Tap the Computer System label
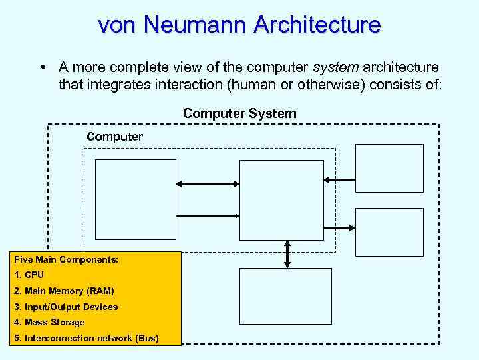(239, 113)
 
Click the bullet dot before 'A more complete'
(42, 67)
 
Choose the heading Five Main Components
(66, 259)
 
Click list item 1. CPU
(29, 275)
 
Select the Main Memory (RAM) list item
(64, 291)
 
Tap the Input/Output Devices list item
(66, 307)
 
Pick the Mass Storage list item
(49, 322)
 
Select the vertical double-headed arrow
(287, 254)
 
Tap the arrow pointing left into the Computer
(339, 179)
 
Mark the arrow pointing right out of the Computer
(339, 227)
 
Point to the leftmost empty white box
(136, 199)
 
